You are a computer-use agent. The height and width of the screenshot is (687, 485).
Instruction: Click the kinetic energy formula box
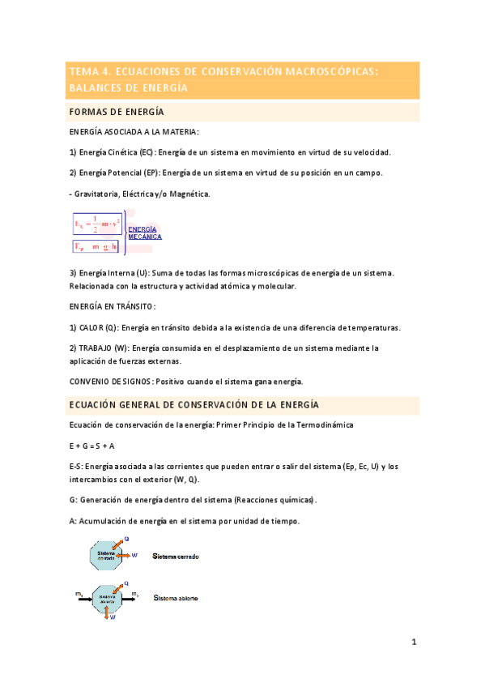pyautogui.click(x=97, y=223)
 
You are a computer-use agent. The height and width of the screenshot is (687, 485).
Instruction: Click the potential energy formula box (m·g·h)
pyautogui.click(x=97, y=245)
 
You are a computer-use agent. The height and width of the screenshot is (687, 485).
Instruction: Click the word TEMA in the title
pyautogui.click(x=83, y=72)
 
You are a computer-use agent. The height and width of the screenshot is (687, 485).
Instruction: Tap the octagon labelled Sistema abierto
pyautogui.click(x=108, y=598)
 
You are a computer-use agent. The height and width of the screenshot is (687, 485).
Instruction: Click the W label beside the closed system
pyautogui.click(x=134, y=555)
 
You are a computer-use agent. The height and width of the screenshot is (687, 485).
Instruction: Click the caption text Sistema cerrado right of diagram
pyautogui.click(x=177, y=557)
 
